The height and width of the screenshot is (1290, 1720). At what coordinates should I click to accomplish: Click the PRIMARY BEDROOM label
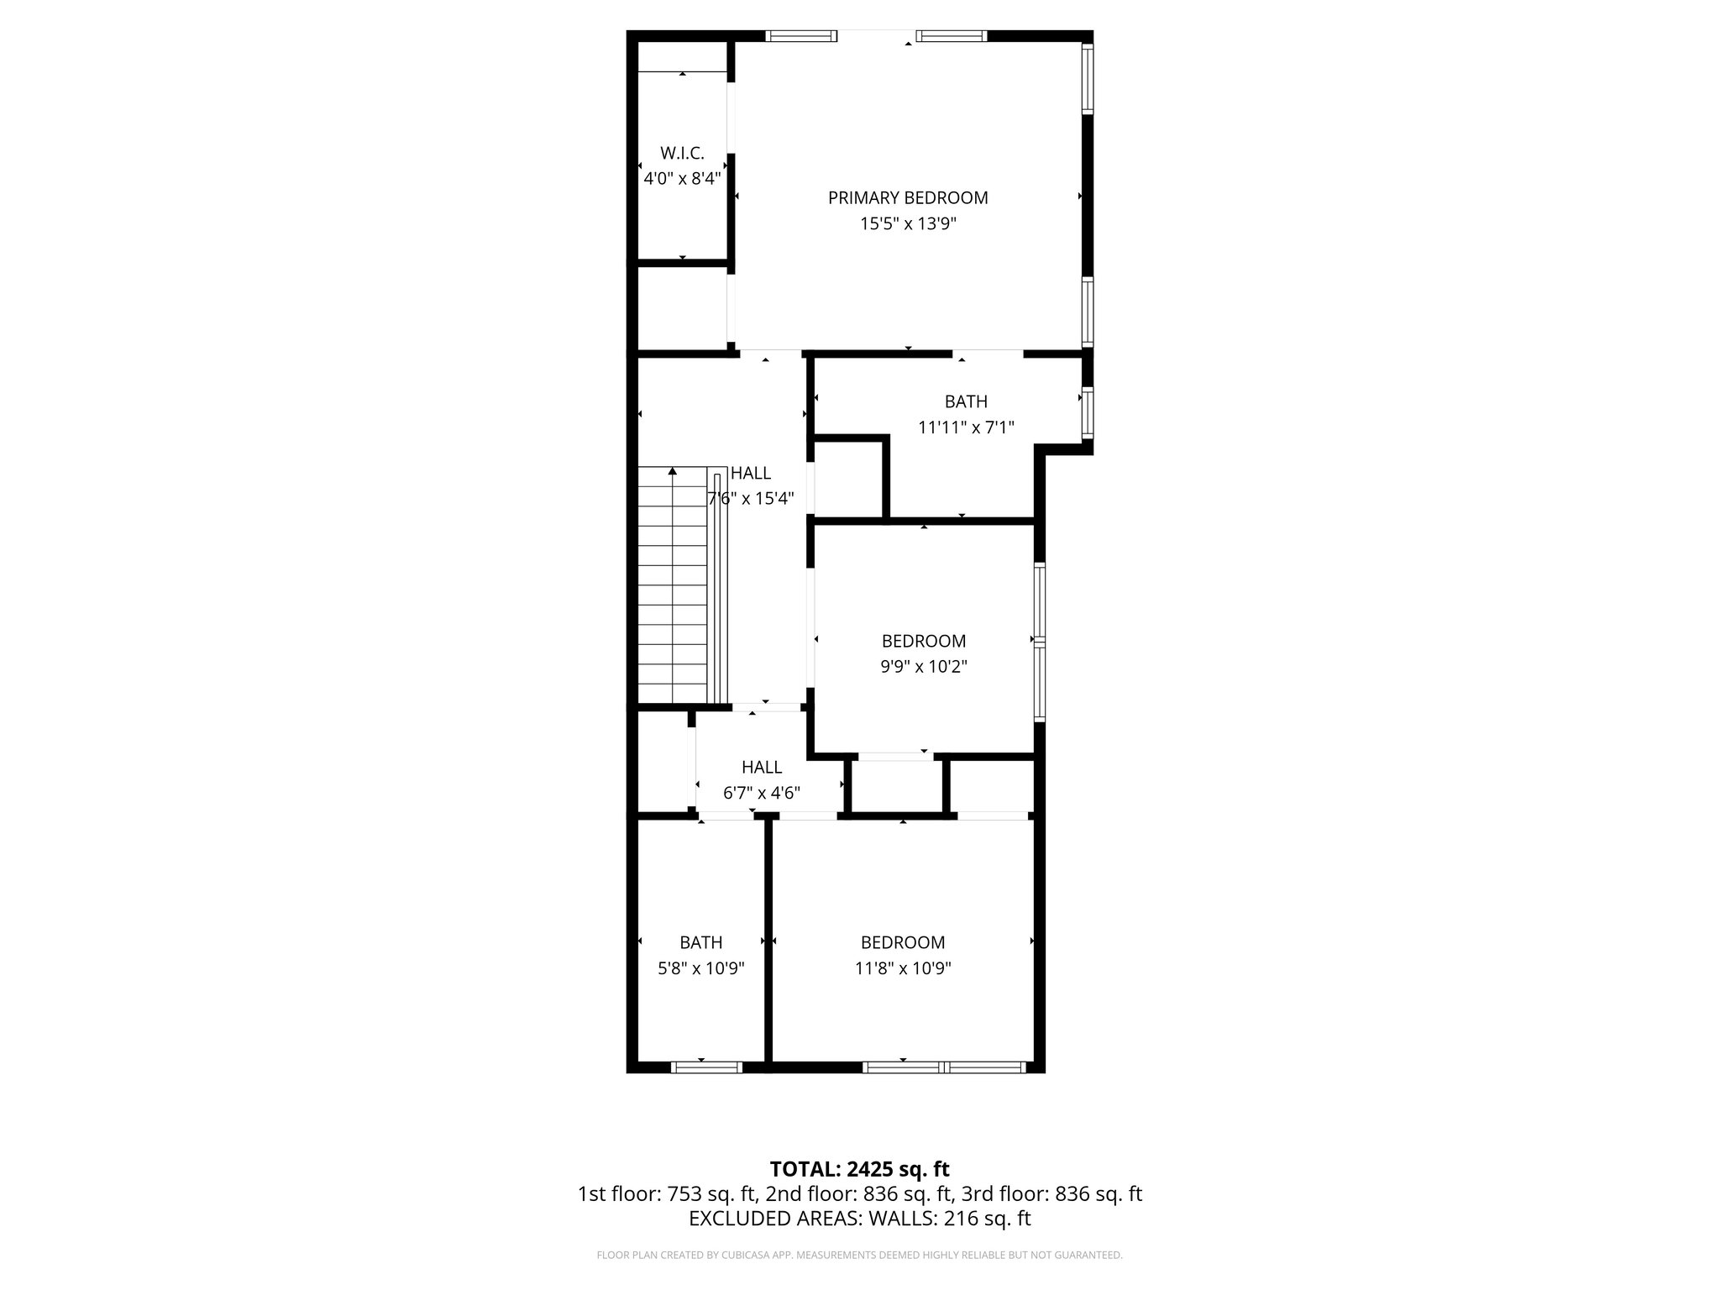(908, 198)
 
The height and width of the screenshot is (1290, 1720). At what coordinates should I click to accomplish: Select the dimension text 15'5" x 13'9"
(908, 224)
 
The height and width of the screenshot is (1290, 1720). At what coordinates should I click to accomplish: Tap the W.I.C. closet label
(682, 153)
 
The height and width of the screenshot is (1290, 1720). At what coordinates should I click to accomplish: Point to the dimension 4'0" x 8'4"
(682, 179)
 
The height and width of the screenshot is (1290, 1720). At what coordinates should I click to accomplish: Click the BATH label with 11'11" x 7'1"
(966, 401)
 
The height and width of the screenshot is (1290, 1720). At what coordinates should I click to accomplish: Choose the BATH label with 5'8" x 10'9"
(701, 942)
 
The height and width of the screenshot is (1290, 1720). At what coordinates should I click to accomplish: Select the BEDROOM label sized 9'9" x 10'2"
(924, 641)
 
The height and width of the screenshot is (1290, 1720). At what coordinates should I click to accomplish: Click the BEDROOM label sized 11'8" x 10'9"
(903, 942)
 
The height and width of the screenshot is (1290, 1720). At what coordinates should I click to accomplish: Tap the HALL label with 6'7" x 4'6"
(762, 767)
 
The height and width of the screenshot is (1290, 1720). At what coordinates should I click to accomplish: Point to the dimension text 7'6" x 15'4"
(751, 499)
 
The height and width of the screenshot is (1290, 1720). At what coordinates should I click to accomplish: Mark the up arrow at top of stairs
(673, 472)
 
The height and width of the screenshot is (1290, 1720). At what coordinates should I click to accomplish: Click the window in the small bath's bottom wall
(706, 1067)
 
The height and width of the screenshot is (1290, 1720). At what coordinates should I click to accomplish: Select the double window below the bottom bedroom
(945, 1067)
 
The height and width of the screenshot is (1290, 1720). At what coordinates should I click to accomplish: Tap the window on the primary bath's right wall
(1088, 412)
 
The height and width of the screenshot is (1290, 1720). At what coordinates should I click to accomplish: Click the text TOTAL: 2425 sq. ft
(859, 1169)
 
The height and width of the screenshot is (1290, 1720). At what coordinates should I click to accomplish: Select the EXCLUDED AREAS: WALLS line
(859, 1219)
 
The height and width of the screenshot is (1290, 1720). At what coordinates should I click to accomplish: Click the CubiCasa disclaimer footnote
(859, 1256)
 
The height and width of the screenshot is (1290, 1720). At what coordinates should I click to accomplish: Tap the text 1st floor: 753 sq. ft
(668, 1194)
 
